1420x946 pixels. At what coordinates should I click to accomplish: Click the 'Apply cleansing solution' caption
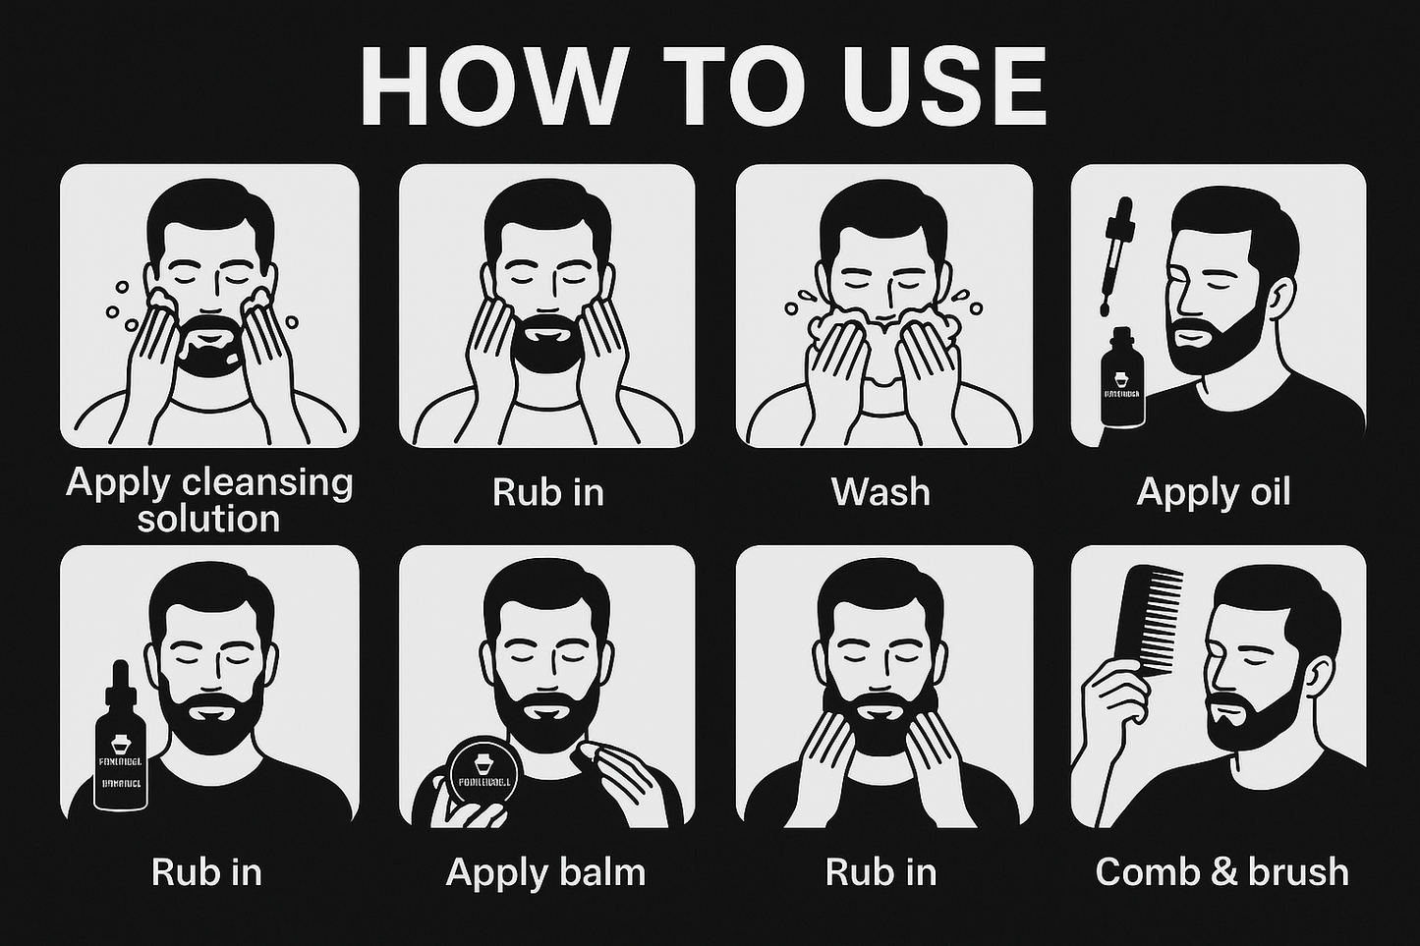point(208,500)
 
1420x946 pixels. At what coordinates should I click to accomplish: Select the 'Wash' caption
point(880,491)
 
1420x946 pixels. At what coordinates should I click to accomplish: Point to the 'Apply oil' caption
point(1213,491)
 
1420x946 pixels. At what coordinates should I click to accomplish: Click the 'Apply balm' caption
point(545,871)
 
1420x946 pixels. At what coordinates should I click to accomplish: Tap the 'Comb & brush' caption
point(1221,871)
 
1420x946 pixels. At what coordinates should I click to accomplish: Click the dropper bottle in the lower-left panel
point(120,747)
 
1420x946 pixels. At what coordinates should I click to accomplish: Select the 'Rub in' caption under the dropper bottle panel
point(206,871)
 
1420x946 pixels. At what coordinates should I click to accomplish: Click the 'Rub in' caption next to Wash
point(547,491)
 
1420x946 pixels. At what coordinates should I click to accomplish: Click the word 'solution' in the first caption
point(208,519)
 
